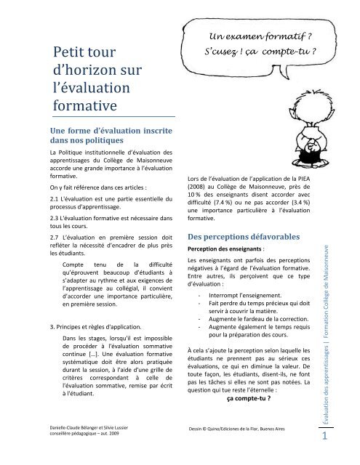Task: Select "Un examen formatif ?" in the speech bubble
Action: point(257,37)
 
